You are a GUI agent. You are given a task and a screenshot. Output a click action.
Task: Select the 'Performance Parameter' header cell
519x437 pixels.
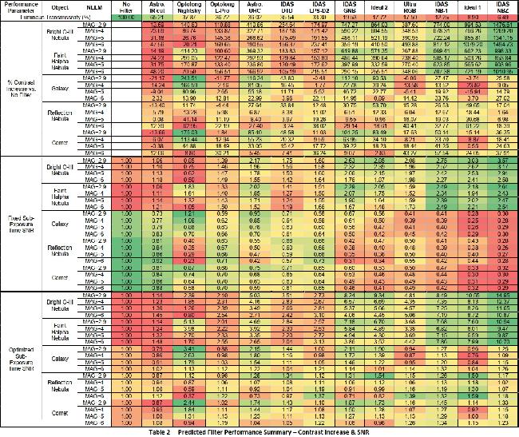coord(21,6)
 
